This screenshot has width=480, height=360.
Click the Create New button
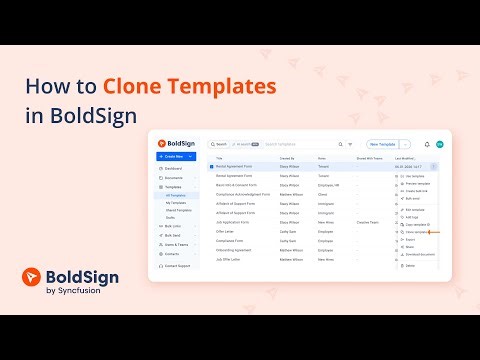(176, 157)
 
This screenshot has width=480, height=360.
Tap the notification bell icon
(427, 144)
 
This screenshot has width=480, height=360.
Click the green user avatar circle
(439, 144)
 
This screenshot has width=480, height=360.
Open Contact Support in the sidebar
(178, 265)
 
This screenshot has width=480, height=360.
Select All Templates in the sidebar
(177, 195)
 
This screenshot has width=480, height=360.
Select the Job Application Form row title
(236, 221)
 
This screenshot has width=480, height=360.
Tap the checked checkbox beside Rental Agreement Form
(211, 166)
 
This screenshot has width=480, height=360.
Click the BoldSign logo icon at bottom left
(32, 281)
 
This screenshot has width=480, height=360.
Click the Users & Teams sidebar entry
(177, 244)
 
